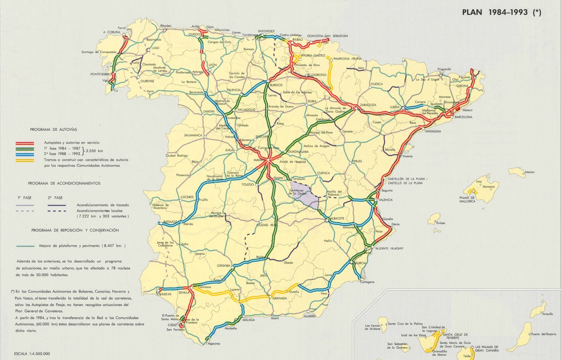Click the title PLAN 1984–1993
point(501,13)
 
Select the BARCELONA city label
point(463,118)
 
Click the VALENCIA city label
point(385,200)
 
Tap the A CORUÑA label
point(111,32)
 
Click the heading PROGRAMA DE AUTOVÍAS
point(53,130)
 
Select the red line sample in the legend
point(25,143)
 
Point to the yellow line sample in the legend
point(25,160)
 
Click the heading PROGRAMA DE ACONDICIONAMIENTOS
point(64,183)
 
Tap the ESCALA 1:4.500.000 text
point(32,353)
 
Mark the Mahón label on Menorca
point(530,172)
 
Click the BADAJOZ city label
point(170,222)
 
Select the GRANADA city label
point(280,299)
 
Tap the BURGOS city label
point(277,84)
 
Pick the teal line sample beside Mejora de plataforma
point(25,246)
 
